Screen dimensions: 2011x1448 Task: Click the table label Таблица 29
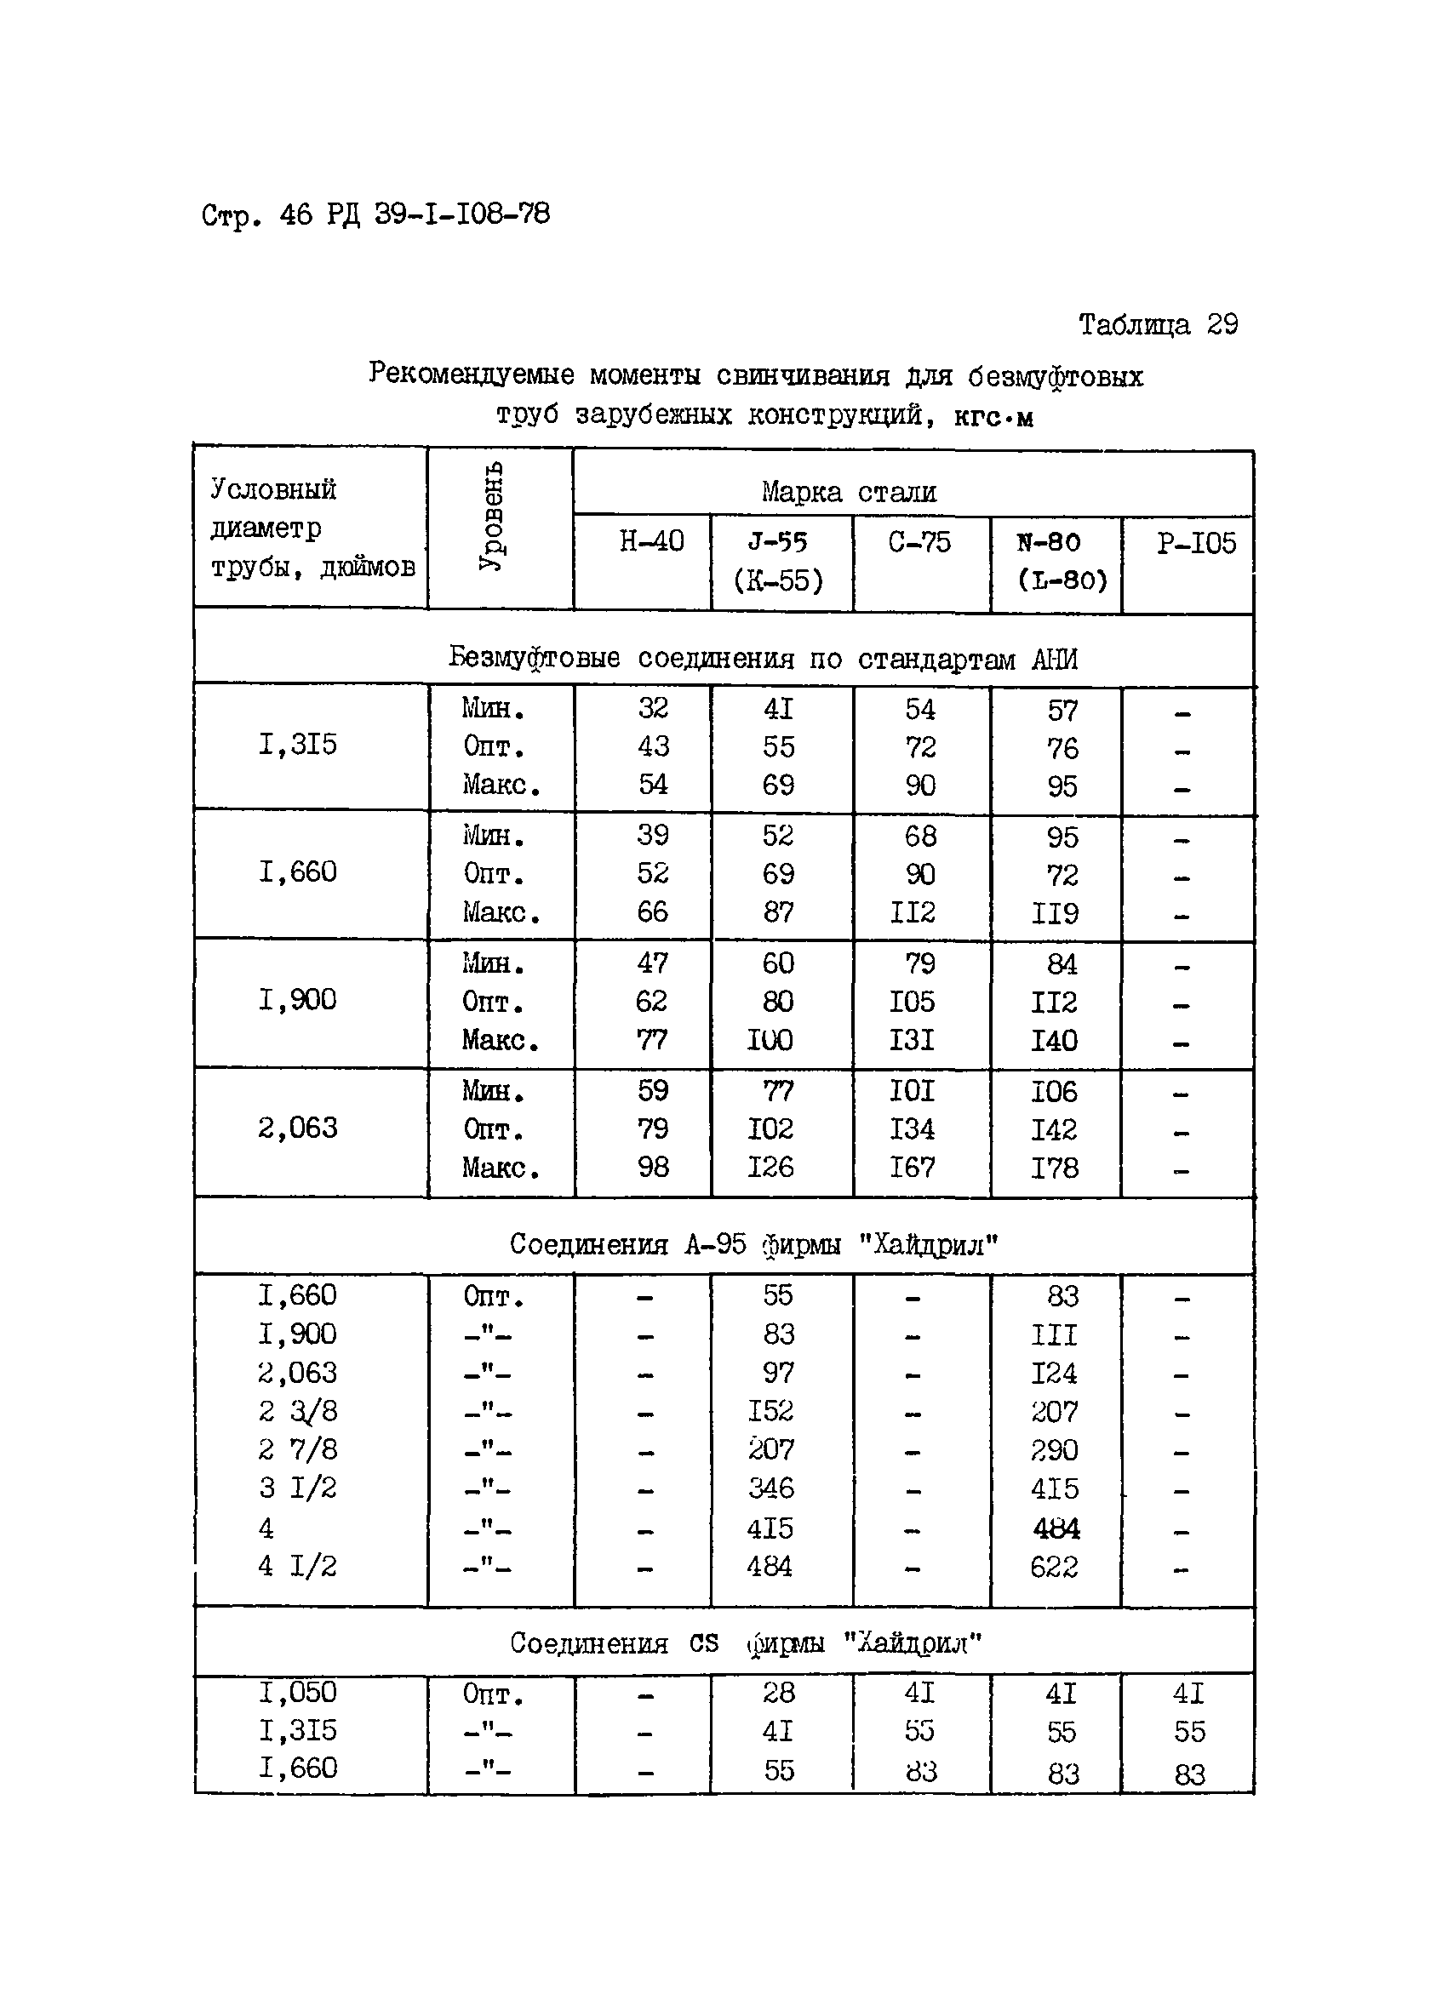1157,325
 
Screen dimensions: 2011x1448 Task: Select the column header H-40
651,541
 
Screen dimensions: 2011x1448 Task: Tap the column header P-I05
1195,543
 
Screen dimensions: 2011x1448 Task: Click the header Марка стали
848,492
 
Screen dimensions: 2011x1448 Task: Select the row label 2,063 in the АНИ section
297,1128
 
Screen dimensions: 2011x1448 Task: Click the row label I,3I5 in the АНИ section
297,744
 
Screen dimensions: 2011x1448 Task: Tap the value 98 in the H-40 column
653,1167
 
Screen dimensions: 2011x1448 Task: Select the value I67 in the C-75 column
912,1167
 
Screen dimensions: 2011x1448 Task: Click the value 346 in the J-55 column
770,1488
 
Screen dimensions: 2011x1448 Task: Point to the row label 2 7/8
297,1449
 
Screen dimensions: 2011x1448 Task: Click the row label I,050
297,1692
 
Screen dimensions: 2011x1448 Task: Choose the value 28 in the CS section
778,1693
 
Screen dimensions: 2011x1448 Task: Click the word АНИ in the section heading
1055,660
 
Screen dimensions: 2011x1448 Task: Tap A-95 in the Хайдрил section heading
715,1245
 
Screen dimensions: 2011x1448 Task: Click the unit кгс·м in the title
993,417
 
